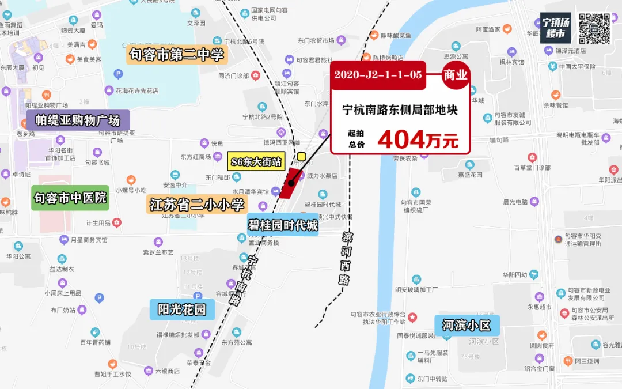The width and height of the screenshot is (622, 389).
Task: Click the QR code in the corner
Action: point(594,28)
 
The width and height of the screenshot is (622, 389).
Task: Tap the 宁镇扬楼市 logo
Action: point(555,28)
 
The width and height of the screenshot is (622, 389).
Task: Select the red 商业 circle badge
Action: point(455,75)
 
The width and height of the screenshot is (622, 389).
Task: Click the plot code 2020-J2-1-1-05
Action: point(377,75)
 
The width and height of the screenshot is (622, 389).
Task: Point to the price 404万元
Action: point(418,139)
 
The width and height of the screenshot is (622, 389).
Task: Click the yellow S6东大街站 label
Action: point(256,161)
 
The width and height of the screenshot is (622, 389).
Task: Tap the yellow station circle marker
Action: point(301,156)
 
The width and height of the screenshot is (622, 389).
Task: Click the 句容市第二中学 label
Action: point(177,55)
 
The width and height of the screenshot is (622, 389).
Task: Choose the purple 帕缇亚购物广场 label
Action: point(78,120)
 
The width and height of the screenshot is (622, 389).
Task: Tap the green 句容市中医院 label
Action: point(70,198)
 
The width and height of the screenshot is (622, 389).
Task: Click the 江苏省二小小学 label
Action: point(197,204)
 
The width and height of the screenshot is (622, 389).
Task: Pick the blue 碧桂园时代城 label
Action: point(283,225)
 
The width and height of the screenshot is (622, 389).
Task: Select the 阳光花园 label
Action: point(181,310)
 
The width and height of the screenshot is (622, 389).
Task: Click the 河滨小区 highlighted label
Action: point(466,325)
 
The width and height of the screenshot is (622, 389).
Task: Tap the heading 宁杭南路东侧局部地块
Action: point(400,109)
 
